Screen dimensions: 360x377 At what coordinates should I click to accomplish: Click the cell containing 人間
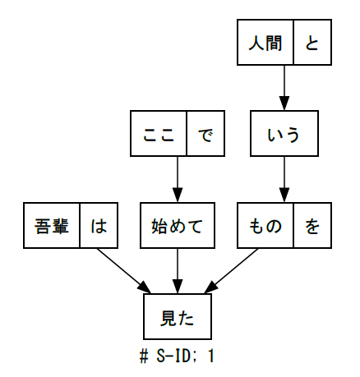pos(265,42)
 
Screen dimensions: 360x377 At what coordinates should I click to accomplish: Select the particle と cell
pos(312,42)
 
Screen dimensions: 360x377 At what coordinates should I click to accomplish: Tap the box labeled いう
pos(284,134)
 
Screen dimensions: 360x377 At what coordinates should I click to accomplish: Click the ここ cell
pos(159,134)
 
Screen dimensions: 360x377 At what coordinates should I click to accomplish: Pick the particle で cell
pos(205,134)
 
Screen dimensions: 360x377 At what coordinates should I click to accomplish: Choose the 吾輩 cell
pos(52,226)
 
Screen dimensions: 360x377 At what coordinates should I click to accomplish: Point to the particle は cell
pos(99,226)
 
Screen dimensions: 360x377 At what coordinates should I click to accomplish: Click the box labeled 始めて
pos(178,226)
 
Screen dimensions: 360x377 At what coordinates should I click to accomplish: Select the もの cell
pos(265,226)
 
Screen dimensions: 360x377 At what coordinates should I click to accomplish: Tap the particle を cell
pos(312,226)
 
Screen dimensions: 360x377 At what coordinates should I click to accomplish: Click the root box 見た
pos(178,317)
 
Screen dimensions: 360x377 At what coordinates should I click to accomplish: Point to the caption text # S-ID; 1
pos(177,356)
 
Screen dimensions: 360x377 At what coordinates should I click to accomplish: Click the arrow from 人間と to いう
pos(284,88)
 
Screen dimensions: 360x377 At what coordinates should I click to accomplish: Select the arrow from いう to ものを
pos(284,180)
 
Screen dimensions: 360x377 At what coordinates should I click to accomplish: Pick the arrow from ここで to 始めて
pos(178,180)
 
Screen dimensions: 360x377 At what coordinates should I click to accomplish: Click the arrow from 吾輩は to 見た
pos(124,271)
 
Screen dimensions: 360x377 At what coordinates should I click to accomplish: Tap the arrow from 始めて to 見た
pos(178,271)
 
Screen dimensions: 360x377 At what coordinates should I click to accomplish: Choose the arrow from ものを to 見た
pos(231,271)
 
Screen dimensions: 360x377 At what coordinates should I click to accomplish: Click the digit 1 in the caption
pos(210,356)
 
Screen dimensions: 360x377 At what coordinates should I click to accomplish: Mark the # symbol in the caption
pos(144,356)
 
